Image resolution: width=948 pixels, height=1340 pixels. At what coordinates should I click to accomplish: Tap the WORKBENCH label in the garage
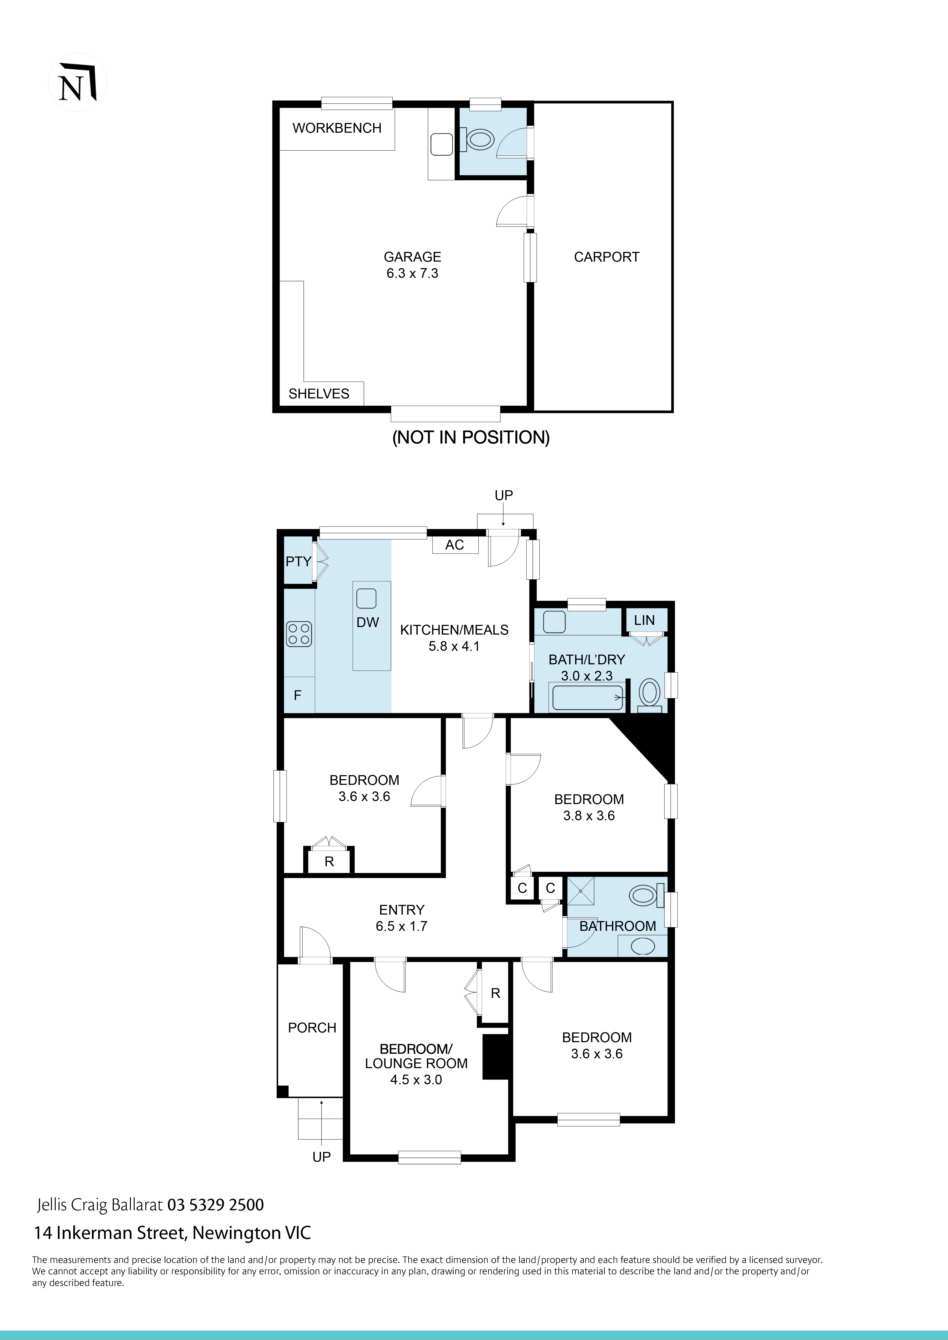point(337,128)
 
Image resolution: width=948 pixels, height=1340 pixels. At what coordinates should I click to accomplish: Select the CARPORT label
point(606,257)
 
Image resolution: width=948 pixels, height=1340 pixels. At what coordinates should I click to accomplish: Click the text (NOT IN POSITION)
point(470,437)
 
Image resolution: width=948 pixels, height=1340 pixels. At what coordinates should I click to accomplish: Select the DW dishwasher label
point(368,622)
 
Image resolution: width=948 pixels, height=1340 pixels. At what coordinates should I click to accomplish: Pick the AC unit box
point(455,545)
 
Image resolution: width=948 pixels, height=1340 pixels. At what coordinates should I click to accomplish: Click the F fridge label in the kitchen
point(297,695)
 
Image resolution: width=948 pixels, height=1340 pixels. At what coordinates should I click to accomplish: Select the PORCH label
point(312,1028)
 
